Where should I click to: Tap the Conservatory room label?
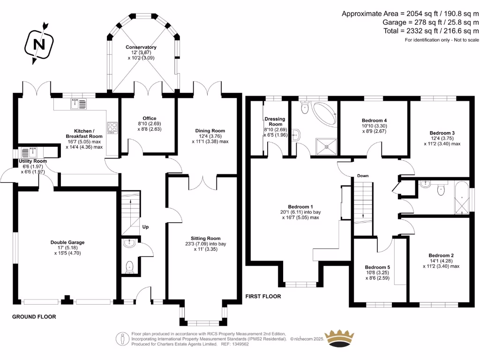click(141, 47)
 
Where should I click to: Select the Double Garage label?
click(67, 242)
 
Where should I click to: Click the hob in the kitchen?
click(113, 126)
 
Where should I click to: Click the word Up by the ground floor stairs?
click(145, 227)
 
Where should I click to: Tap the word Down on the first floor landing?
click(363, 176)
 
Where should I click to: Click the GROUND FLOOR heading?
click(34, 317)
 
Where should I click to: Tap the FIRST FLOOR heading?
click(263, 296)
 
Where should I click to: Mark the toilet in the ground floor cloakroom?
click(130, 267)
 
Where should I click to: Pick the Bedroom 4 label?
click(375, 120)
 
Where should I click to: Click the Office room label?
click(149, 118)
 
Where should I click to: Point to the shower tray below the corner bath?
click(325, 145)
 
